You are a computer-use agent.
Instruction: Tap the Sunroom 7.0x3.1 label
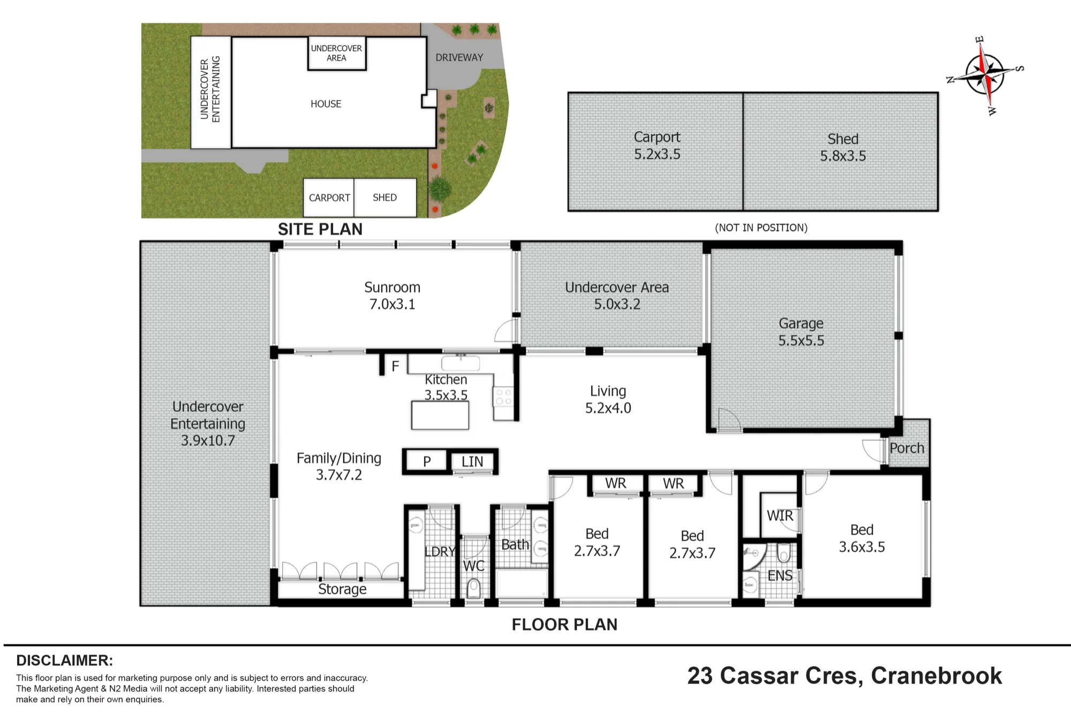392,295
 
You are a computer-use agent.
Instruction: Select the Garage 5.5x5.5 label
801,332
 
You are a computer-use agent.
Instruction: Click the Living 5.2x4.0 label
608,399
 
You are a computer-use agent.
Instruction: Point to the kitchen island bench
440,415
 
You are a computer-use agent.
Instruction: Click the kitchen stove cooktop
503,397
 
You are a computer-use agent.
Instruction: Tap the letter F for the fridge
395,366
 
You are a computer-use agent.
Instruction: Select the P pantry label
427,461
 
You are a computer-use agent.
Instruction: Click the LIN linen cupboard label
472,461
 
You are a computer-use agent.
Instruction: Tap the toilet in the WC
474,589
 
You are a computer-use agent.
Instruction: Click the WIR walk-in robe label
780,515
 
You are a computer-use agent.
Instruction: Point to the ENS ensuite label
780,575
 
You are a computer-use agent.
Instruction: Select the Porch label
907,448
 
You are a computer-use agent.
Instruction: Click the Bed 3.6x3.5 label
862,538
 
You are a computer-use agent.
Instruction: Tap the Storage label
342,589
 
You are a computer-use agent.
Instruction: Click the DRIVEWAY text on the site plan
459,57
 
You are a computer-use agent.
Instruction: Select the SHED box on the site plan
385,198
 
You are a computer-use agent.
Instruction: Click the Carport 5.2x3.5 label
657,146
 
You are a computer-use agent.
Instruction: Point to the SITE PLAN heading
320,229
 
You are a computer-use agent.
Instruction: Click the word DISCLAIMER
64,660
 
